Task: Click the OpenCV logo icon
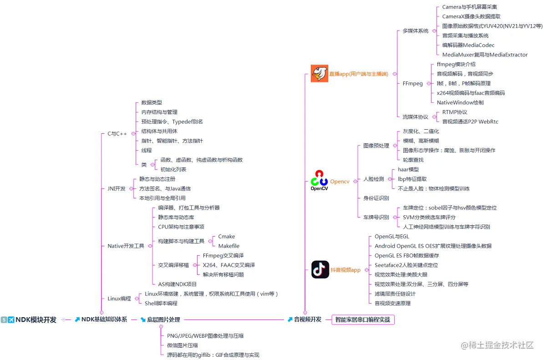point(319,180)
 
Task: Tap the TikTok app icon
point(320,269)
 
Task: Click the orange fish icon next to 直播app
point(320,73)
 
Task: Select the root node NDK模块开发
point(36,320)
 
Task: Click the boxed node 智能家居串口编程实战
point(362,320)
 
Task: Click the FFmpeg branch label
point(412,84)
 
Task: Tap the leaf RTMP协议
point(454,112)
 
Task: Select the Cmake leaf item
point(226,236)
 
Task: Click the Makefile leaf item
point(229,246)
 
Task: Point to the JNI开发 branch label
point(116,188)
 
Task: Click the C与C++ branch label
point(117,134)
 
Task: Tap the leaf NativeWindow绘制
point(460,102)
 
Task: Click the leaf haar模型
point(408,169)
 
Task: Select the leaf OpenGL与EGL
point(391,236)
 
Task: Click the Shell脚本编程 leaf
point(161,303)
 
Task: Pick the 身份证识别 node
point(376,198)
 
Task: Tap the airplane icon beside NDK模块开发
point(11,320)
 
